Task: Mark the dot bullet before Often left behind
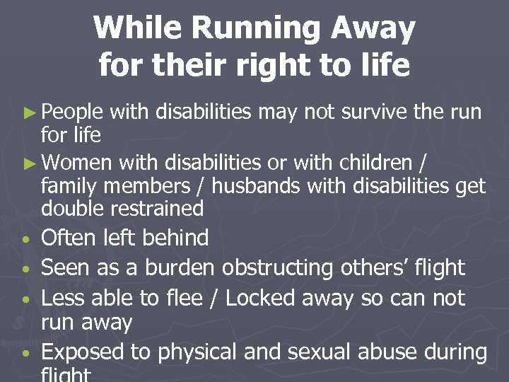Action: coord(26,241)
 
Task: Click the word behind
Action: coord(175,238)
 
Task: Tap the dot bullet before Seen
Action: coord(26,270)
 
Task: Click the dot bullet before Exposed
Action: coord(26,354)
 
